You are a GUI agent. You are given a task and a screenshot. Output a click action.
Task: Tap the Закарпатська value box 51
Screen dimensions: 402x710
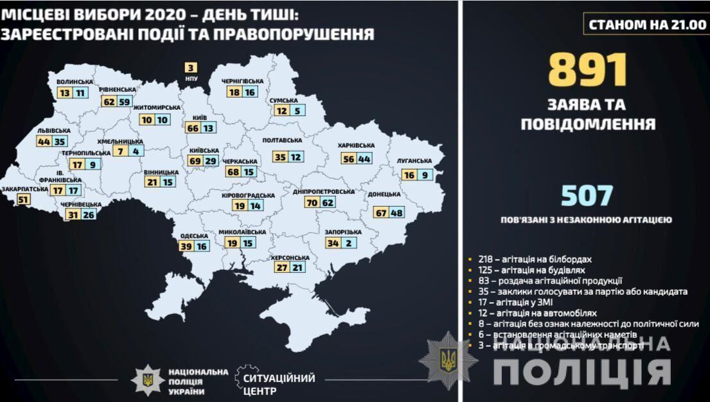[24, 200]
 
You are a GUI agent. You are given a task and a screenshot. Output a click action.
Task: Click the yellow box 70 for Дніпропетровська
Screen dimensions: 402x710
[314, 202]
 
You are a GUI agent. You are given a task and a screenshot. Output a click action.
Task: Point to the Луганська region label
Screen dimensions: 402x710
[414, 161]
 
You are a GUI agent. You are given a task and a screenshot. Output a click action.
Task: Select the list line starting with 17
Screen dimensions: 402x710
[517, 302]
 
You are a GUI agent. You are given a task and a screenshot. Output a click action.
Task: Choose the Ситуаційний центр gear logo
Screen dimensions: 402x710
[247, 378]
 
